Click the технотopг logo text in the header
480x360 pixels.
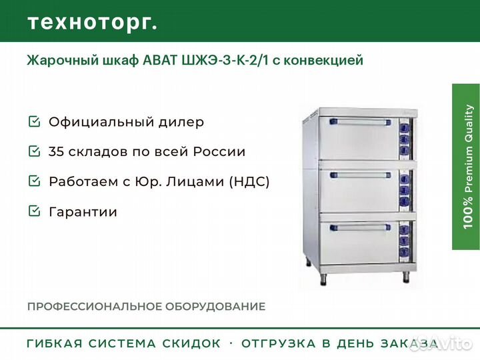[93, 23]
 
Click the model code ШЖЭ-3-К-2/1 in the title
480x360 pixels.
[225, 60]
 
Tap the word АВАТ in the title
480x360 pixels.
[160, 60]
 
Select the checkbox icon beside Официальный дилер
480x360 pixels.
[34, 121]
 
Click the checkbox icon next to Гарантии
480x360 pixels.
[34, 211]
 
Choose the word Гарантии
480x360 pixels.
[83, 211]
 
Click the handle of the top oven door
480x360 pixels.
[360, 123]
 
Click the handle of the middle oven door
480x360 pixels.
[360, 175]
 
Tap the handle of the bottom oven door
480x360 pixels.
[360, 227]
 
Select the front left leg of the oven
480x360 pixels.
[323, 279]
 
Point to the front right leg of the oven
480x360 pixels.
[406, 277]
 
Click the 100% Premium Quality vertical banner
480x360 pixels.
[466, 167]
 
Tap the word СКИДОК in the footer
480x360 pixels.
[191, 343]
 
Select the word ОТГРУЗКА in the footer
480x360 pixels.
[279, 343]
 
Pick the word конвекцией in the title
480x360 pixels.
[323, 60]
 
